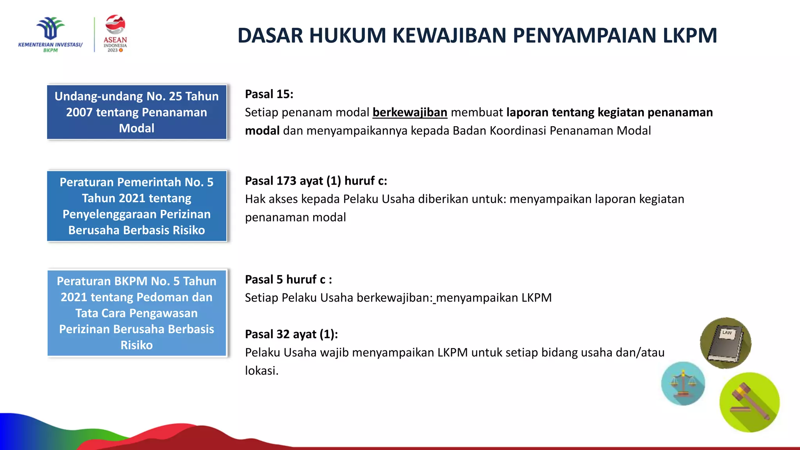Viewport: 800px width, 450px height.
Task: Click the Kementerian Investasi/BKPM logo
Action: (50, 34)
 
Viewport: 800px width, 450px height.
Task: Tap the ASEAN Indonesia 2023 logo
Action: (115, 34)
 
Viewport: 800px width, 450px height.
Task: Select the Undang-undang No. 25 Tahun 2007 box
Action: (137, 112)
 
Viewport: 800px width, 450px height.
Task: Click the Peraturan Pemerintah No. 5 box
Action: (137, 206)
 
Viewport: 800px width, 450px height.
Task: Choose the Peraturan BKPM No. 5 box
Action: (137, 313)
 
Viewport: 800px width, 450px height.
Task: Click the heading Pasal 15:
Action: (269, 94)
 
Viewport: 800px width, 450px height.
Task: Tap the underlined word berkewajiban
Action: (409, 112)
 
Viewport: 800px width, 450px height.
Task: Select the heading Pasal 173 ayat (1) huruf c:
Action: (316, 181)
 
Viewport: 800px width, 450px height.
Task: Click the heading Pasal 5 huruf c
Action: (288, 280)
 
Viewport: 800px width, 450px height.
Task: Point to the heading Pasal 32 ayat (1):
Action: (291, 334)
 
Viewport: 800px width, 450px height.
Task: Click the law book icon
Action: (725, 343)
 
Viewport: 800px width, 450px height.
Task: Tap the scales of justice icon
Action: (683, 383)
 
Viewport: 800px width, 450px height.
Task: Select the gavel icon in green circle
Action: (749, 402)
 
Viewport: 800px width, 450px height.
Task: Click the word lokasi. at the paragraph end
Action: (261, 371)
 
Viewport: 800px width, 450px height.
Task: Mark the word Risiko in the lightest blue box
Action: (137, 345)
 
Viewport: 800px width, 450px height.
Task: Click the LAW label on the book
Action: (727, 333)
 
